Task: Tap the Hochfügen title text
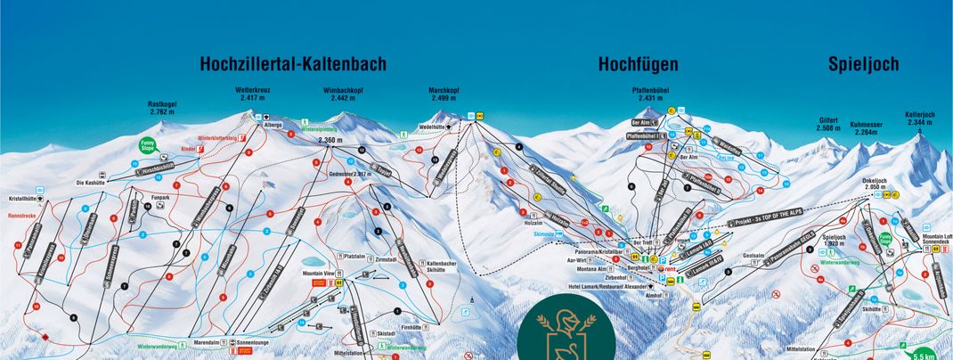coord(638,64)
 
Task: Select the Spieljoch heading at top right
coord(863,64)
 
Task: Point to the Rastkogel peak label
coord(162,109)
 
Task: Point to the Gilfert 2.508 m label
coord(828,124)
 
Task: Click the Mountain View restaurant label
coord(319,274)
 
